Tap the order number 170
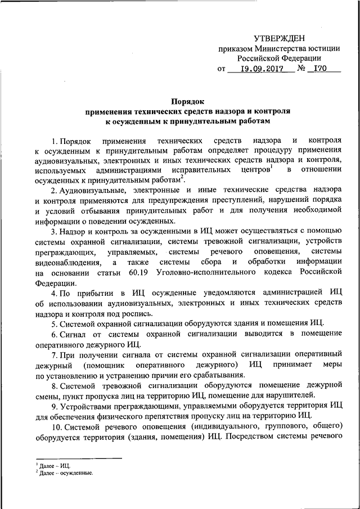[x=320, y=69]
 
